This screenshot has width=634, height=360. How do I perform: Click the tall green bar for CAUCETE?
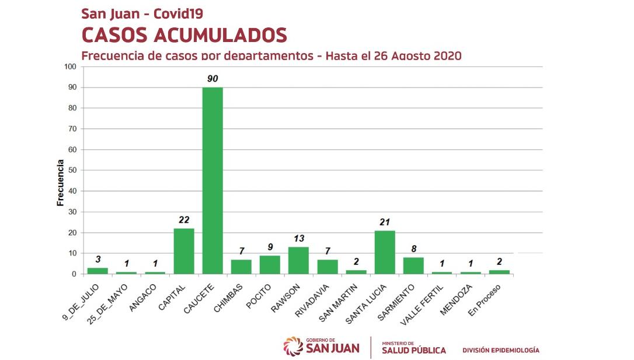click(x=213, y=180)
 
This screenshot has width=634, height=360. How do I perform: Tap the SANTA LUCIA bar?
click(x=385, y=252)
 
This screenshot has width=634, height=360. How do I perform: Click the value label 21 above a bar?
click(x=385, y=222)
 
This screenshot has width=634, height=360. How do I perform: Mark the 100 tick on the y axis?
click(x=71, y=67)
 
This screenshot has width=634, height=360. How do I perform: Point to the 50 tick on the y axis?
click(x=72, y=170)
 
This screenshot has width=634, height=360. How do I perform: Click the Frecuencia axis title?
click(x=60, y=183)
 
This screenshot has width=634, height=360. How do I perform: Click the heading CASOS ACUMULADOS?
click(x=184, y=35)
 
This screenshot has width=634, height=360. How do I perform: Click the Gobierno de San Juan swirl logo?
click(x=292, y=346)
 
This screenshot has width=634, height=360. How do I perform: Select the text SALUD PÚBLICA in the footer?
click(x=413, y=350)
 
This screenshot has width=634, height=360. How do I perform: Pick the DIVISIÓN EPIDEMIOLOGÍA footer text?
click(x=500, y=351)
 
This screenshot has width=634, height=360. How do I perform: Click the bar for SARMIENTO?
click(x=413, y=265)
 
